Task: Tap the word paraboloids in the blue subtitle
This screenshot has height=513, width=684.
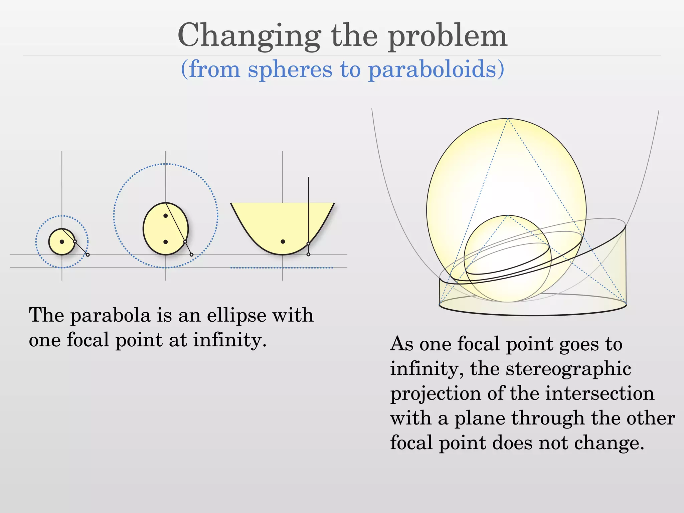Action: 436,69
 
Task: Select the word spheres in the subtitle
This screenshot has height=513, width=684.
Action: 290,69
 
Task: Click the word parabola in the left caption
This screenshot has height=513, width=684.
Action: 111,315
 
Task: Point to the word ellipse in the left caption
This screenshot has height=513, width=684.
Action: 236,315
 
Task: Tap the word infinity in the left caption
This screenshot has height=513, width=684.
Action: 230,340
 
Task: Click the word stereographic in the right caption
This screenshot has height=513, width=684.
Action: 568,369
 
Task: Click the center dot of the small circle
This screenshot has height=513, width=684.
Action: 62,242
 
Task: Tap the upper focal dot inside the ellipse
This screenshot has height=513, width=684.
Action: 165,216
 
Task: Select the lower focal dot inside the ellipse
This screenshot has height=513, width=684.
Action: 166,242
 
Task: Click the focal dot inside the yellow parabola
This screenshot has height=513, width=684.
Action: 283,241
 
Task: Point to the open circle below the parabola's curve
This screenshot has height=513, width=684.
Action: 308,254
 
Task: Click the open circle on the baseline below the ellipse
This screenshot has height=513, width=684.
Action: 191,255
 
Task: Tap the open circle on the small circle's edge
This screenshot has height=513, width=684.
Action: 75,241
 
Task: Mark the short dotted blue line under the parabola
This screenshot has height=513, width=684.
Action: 282,268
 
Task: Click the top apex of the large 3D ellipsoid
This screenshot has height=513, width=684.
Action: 507,119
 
